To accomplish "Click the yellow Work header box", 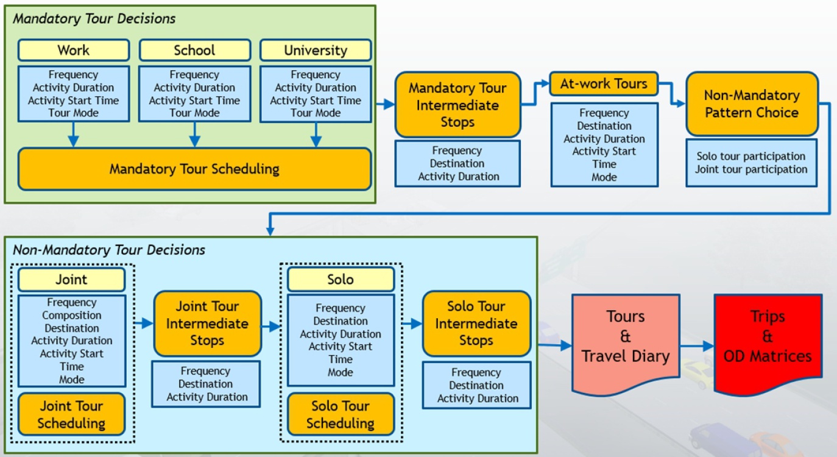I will (x=73, y=50).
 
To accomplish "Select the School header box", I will (x=194, y=50).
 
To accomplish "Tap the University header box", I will (x=316, y=50).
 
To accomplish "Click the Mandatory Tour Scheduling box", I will (x=194, y=169).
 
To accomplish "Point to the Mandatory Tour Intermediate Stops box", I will (x=457, y=105).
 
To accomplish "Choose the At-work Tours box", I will (x=604, y=83).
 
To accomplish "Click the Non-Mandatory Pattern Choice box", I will (x=752, y=104).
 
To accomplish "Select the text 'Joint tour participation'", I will (x=751, y=169).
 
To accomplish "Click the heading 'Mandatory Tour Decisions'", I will (x=94, y=19).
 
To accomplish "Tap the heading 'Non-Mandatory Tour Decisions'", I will (x=109, y=250).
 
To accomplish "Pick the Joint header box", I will (x=71, y=280).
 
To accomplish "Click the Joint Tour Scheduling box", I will (x=71, y=414).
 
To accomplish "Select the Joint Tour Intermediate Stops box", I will (x=207, y=323).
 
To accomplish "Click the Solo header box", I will (x=341, y=280).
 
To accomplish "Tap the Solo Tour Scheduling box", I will (x=341, y=414).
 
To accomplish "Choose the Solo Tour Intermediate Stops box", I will (x=476, y=323).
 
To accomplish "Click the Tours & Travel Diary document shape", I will (x=625, y=341).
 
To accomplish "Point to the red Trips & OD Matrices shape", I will (x=767, y=341).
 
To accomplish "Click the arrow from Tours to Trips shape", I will (x=697, y=346).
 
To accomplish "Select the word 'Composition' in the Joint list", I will (x=71, y=315).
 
